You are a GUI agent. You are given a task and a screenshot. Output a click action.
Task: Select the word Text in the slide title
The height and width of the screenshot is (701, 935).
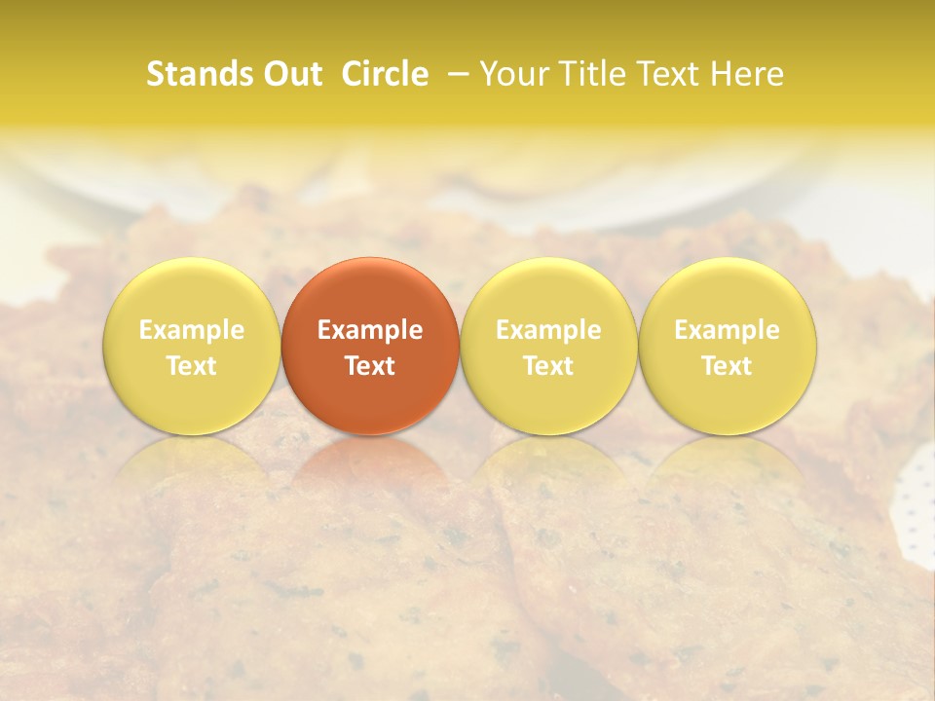pos(665,74)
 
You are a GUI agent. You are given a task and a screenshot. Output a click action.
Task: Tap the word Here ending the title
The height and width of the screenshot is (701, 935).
pos(747,74)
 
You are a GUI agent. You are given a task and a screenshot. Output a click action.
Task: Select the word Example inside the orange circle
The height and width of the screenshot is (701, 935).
pos(370,330)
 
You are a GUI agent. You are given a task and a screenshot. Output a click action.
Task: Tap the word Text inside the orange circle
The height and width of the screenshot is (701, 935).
pos(370,366)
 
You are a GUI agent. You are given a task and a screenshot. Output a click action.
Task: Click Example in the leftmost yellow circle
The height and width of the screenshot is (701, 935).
pos(192,330)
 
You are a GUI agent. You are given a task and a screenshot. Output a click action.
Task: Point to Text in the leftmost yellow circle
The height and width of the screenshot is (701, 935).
pos(192,366)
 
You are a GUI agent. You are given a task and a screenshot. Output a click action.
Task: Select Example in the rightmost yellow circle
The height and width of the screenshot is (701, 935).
pos(728,330)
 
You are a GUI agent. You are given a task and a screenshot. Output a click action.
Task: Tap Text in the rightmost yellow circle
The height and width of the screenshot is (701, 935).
pos(728,366)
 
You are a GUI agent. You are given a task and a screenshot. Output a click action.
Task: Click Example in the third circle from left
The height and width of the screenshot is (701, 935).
pos(548,330)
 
